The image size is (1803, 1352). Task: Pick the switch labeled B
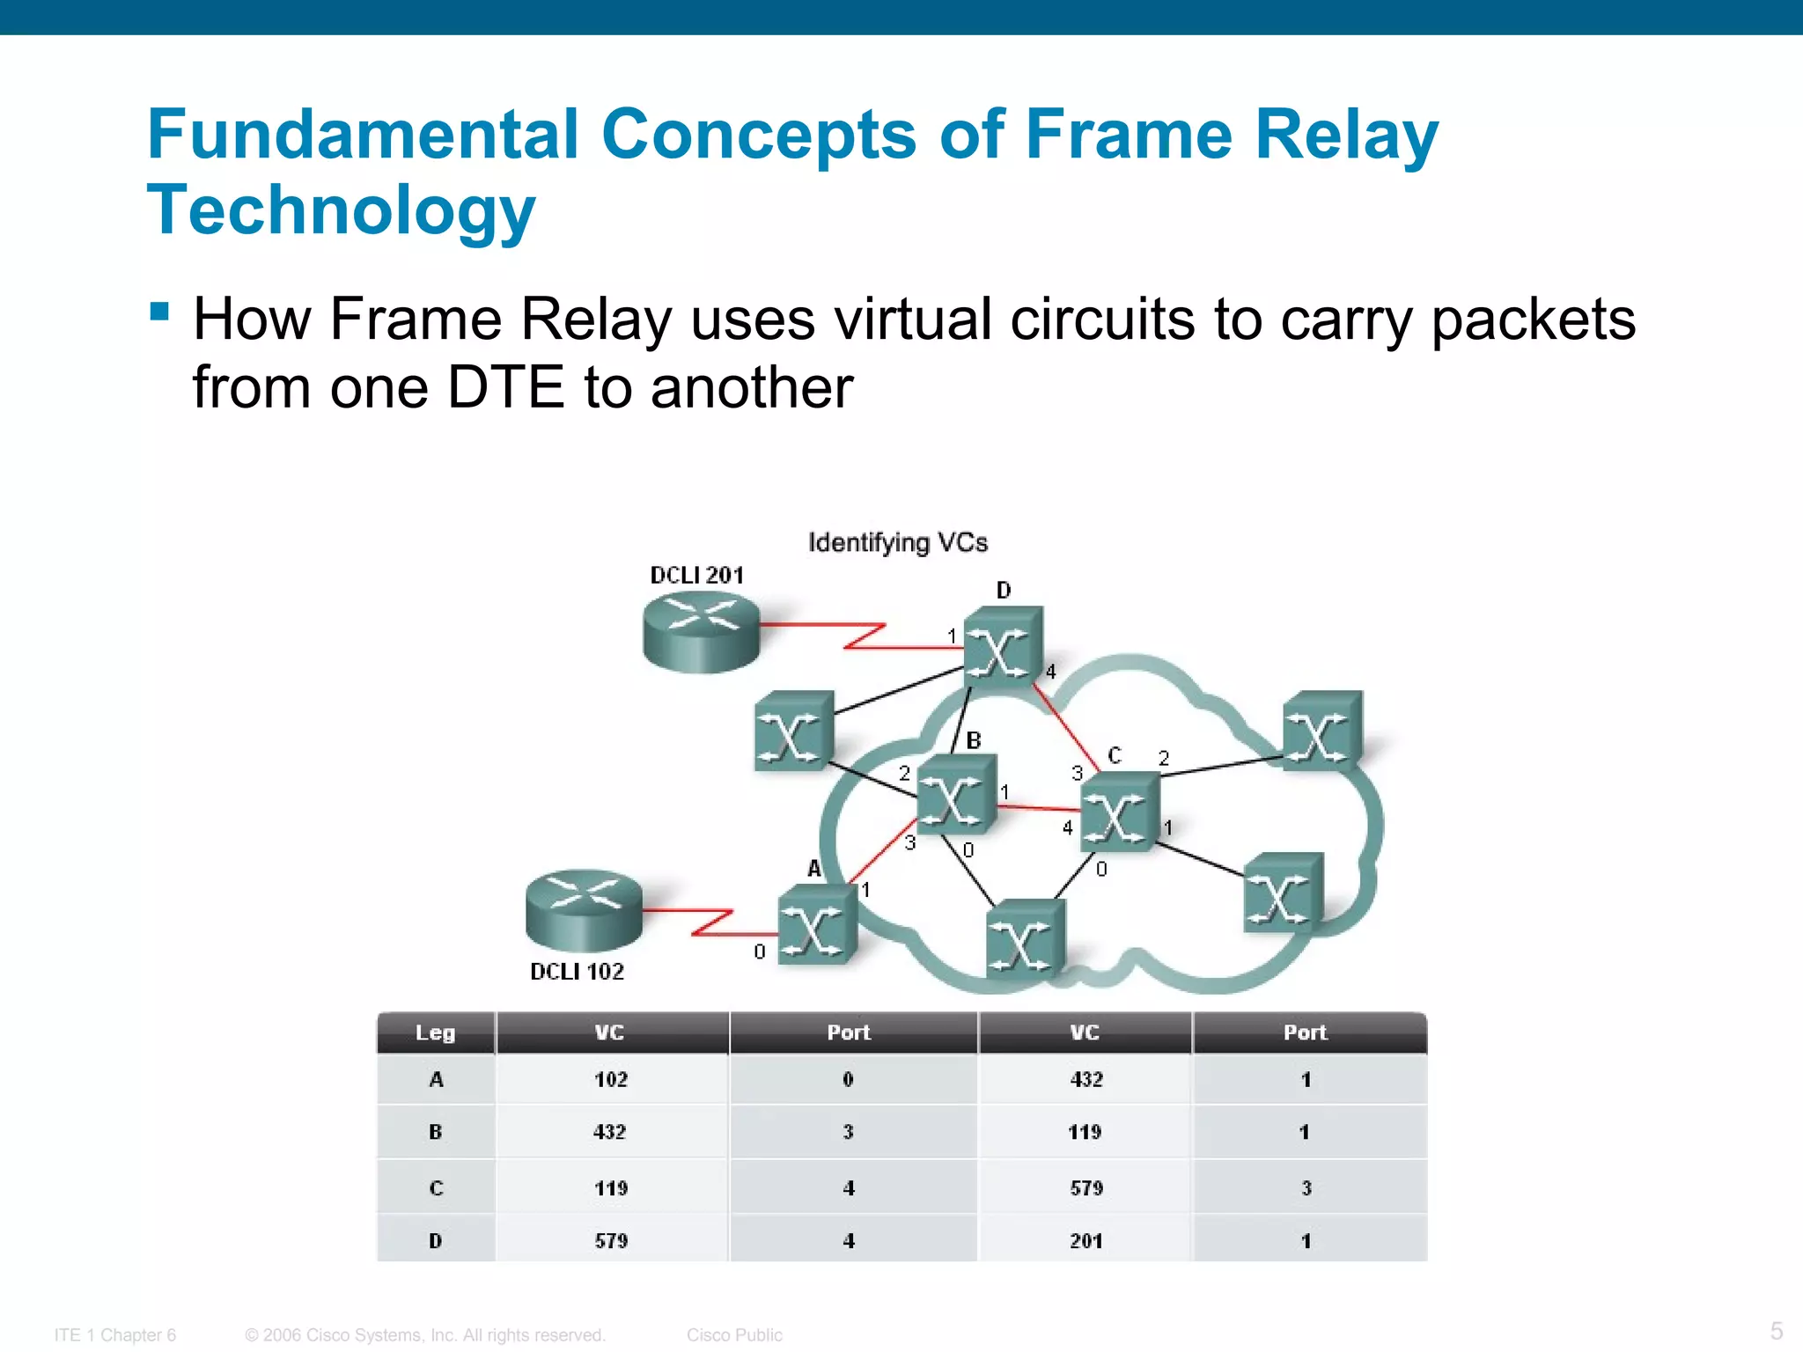point(956,795)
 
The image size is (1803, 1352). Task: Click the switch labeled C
point(1119,812)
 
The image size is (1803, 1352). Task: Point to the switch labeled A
point(817,925)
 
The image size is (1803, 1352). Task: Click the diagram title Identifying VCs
point(898,542)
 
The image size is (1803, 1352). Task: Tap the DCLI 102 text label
point(577,972)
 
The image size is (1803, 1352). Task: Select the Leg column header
point(435,1032)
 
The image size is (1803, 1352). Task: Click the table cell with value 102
point(611,1080)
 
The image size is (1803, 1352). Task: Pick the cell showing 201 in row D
point(1085,1241)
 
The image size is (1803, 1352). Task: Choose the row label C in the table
point(436,1188)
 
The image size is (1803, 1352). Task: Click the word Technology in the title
point(341,211)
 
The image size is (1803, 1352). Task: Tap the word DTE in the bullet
point(505,387)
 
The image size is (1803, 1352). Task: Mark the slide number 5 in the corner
point(1777,1331)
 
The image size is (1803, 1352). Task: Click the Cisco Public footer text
point(734,1335)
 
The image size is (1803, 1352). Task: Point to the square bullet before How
point(159,312)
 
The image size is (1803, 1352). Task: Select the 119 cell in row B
point(1085,1133)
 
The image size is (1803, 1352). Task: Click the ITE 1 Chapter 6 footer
point(115,1335)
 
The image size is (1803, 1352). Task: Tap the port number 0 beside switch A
point(760,952)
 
